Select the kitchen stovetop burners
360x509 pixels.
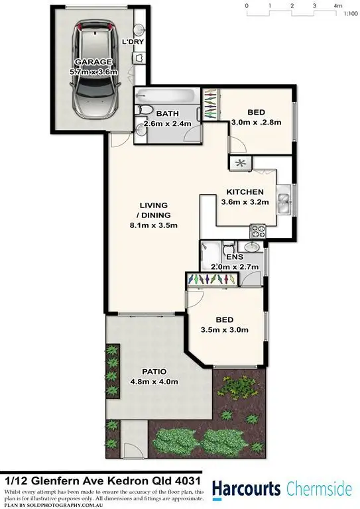click(x=257, y=231)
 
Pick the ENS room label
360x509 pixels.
click(x=234, y=257)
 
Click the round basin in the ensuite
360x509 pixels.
click(x=252, y=247)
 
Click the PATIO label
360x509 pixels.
click(x=153, y=371)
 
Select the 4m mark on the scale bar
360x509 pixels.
click(x=337, y=5)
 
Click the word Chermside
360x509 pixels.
click(x=320, y=489)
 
